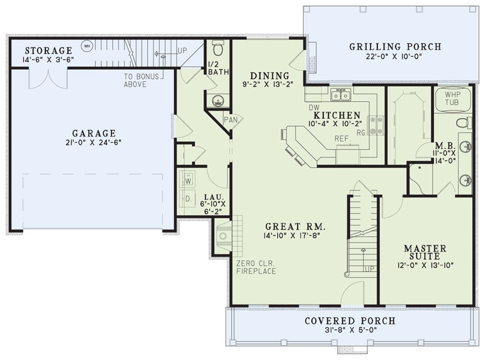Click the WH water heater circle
[87, 46]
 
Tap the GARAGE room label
[94, 133]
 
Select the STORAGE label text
[49, 50]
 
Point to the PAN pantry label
[231, 120]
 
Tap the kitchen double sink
[341, 95]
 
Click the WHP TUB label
[452, 98]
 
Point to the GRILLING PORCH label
[395, 47]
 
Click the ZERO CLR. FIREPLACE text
[256, 267]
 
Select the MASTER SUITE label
[425, 252]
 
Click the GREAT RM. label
[295, 227]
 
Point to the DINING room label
[270, 76]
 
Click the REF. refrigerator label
[343, 139]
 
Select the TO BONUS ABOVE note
[141, 80]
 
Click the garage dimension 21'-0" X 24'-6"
[93, 142]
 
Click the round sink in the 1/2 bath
[217, 101]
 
